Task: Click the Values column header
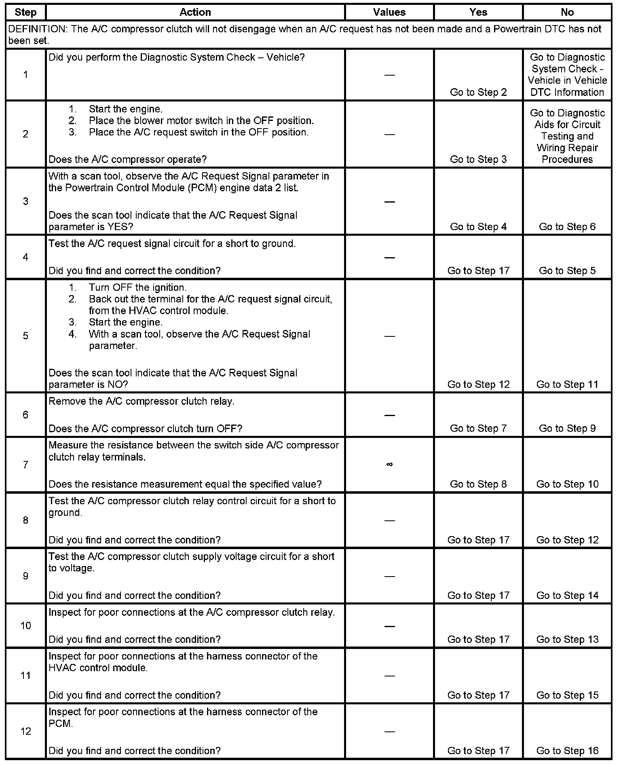coord(389,12)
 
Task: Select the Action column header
coord(195,12)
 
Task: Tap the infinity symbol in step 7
coord(389,465)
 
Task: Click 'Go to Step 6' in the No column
coord(567,227)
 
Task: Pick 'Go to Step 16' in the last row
coord(567,751)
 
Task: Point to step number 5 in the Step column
coord(25,336)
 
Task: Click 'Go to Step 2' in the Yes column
coord(478,92)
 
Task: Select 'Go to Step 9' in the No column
coord(567,428)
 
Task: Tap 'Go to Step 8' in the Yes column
coord(478,484)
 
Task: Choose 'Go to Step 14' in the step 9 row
coord(567,596)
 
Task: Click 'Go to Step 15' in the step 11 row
coord(567,695)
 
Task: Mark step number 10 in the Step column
coord(25,626)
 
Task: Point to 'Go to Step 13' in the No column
coord(567,639)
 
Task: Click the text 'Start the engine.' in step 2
coord(125,109)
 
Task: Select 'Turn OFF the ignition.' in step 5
coord(137,287)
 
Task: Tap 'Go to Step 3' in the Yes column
coord(478,159)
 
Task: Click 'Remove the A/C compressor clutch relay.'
coord(141,402)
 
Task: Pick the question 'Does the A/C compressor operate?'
coord(127,159)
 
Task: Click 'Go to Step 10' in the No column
coord(567,484)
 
